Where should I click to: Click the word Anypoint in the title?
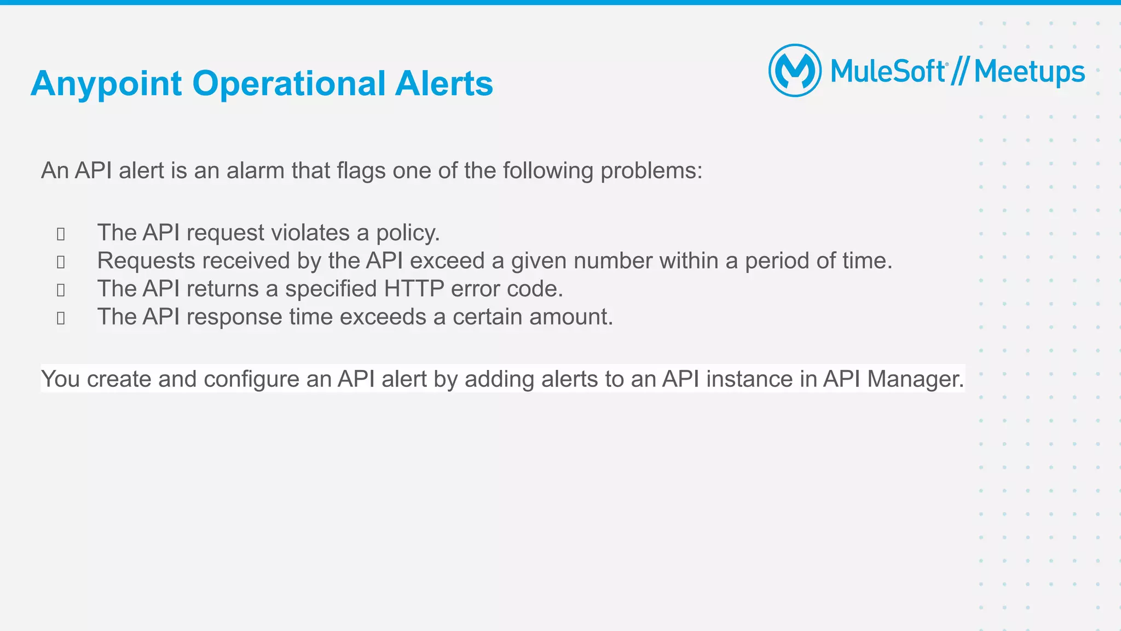(x=106, y=84)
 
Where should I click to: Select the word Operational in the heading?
(x=289, y=83)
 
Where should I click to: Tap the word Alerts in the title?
(x=444, y=83)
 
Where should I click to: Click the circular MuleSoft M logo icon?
(x=795, y=71)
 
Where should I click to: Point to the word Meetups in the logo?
(x=1029, y=72)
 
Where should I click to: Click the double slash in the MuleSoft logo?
(x=960, y=72)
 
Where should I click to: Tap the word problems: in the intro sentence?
(x=651, y=171)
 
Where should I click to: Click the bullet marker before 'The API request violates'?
(x=61, y=234)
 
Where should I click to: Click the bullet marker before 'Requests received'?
(x=61, y=262)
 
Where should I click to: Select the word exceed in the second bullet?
(x=447, y=260)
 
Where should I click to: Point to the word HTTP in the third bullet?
(x=414, y=289)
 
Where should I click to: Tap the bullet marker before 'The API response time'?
(x=61, y=319)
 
